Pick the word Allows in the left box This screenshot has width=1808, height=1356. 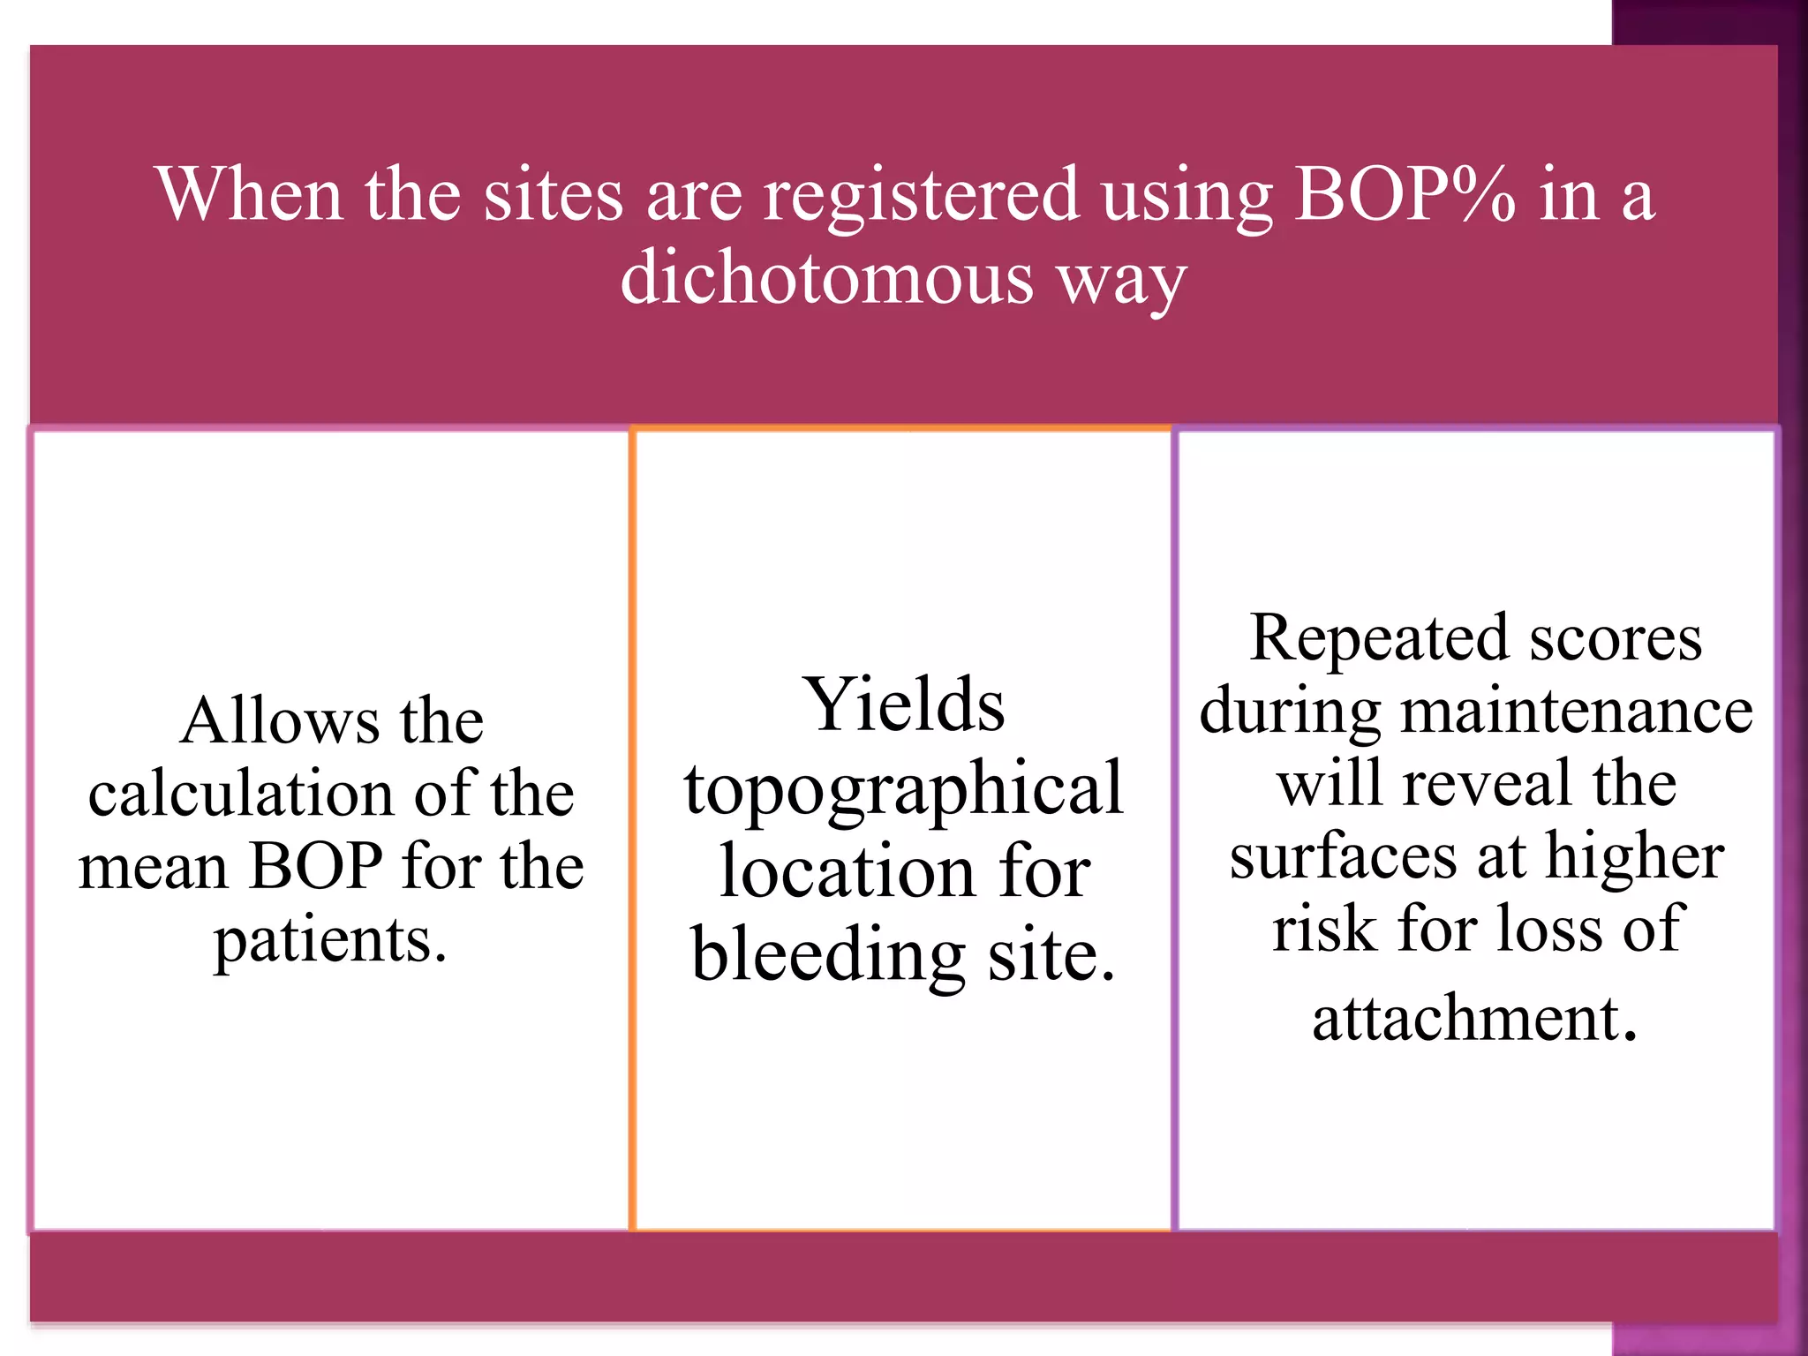[279, 721]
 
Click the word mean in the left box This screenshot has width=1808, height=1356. [155, 867]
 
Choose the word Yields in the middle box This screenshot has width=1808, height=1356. [903, 705]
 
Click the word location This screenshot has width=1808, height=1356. [846, 872]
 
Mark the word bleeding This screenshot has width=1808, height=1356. [827, 956]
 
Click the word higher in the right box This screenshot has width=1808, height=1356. [1634, 857]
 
